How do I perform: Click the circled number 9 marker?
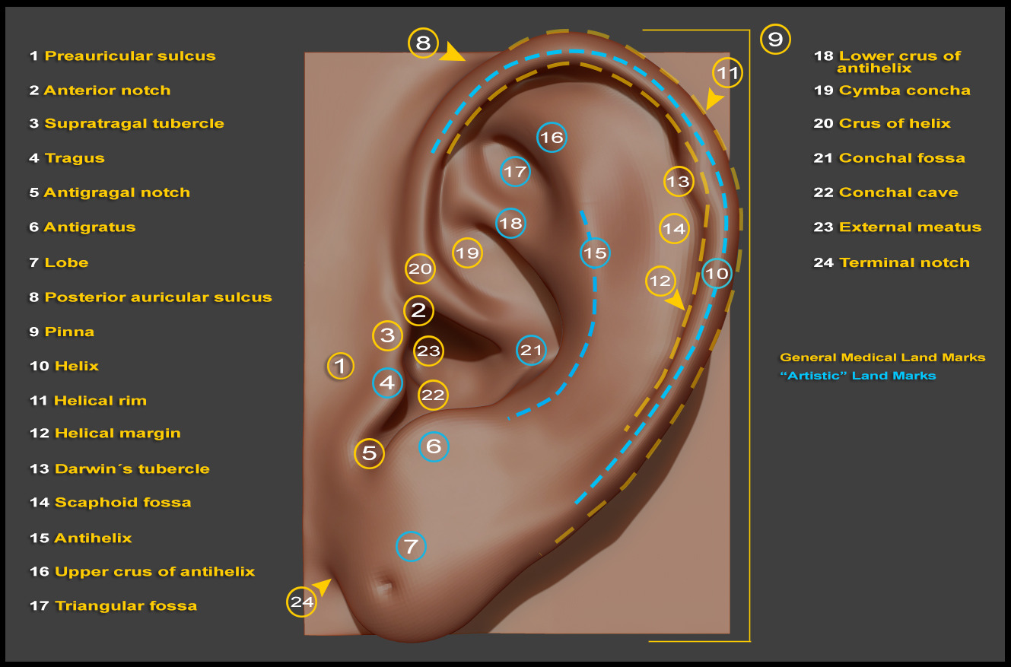point(775,40)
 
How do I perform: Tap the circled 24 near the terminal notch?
point(301,602)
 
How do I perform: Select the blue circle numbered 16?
point(552,137)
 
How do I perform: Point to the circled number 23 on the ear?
point(428,351)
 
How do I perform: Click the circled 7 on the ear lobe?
point(411,547)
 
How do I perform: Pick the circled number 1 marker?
point(340,366)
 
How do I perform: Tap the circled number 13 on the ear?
point(679,182)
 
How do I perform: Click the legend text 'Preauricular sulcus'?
point(130,56)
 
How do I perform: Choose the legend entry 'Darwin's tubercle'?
point(132,469)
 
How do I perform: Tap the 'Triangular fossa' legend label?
point(126,605)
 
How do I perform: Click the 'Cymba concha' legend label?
point(904,91)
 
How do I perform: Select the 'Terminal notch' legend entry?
point(904,262)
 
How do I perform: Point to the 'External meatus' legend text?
point(910,227)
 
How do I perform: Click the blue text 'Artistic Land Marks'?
point(857,376)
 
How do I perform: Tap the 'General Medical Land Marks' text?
point(882,357)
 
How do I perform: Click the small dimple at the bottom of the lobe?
point(383,586)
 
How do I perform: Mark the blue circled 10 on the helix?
point(717,274)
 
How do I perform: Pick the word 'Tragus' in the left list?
point(75,158)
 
